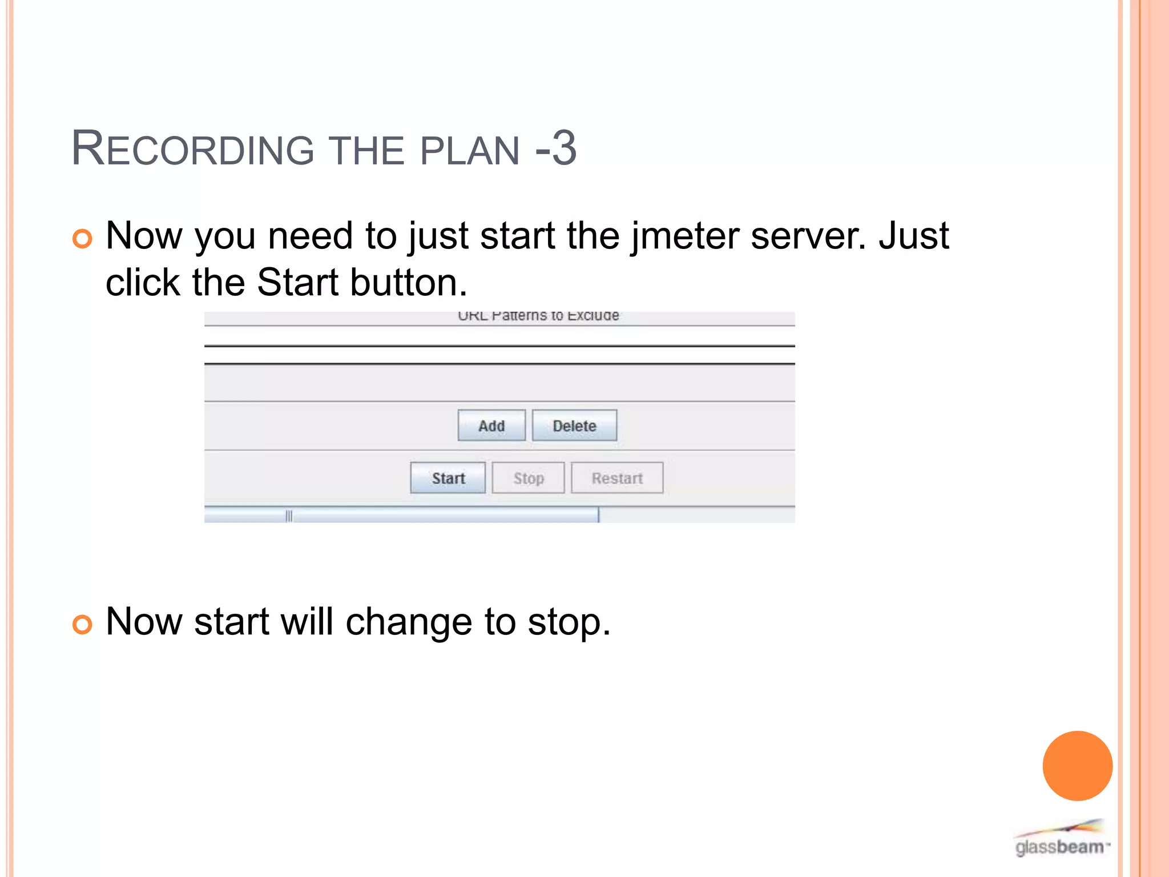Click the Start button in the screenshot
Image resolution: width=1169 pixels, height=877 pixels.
pyautogui.click(x=448, y=478)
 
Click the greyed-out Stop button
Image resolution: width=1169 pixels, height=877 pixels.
pyautogui.click(x=528, y=478)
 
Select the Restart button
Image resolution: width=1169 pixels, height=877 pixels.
pyautogui.click(x=617, y=478)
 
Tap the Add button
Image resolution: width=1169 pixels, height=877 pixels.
pyautogui.click(x=491, y=426)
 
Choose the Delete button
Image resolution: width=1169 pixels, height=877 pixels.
pyautogui.click(x=574, y=426)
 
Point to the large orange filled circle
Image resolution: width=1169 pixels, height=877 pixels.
pyautogui.click(x=1077, y=766)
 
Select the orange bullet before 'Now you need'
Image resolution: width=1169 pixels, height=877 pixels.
pyautogui.click(x=82, y=238)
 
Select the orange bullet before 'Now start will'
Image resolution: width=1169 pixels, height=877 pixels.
pyautogui.click(x=82, y=624)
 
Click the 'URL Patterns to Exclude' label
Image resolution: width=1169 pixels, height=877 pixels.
pyautogui.click(x=538, y=316)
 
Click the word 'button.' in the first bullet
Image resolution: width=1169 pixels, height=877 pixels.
pyautogui.click(x=409, y=283)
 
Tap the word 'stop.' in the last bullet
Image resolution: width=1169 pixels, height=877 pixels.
pyautogui.click(x=569, y=622)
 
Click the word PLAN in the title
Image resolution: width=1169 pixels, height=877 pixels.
pyautogui.click(x=469, y=151)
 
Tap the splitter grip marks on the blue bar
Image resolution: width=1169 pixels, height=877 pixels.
pyautogui.click(x=289, y=516)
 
